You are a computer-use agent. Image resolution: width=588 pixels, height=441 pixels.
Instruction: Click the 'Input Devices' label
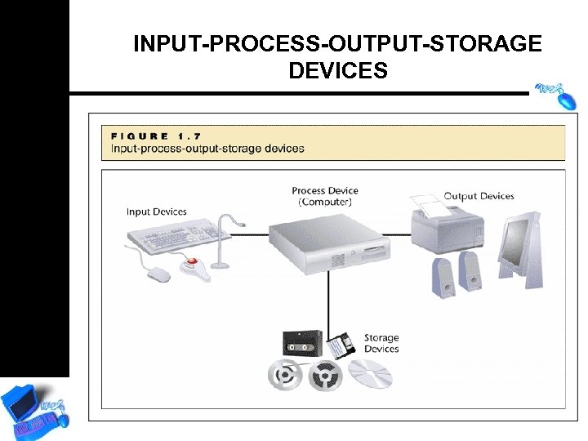point(156,212)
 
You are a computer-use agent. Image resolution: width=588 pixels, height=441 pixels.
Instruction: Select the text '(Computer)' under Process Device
point(325,202)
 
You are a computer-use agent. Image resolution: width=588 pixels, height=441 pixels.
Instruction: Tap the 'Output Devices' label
point(479,196)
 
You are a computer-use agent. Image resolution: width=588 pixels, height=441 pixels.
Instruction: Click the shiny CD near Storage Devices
point(371,374)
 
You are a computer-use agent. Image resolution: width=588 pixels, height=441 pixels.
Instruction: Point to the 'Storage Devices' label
point(381,343)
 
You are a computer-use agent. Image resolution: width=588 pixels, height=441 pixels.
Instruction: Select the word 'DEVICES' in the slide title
point(337,71)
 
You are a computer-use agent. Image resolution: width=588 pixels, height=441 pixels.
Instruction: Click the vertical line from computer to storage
point(328,302)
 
